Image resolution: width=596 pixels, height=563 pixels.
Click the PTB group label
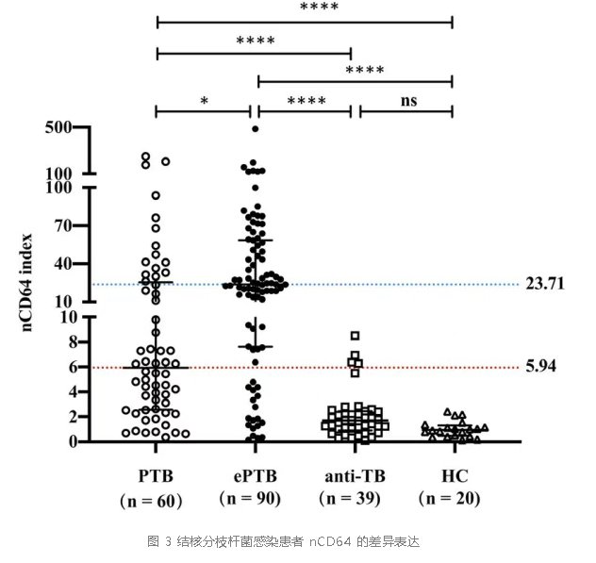coord(156,472)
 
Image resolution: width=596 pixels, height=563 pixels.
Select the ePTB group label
coord(254,472)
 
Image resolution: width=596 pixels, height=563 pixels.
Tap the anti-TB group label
coord(352,472)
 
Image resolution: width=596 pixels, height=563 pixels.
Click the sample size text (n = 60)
coord(156,499)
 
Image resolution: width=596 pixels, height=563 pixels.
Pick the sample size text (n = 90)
coord(254,498)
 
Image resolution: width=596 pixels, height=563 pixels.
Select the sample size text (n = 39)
coord(352,499)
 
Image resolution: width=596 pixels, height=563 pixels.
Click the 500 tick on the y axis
coord(58,128)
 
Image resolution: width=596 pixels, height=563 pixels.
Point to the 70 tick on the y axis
coord(63,225)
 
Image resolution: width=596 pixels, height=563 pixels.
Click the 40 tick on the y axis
coord(63,263)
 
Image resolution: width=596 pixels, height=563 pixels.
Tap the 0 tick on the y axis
coord(68,440)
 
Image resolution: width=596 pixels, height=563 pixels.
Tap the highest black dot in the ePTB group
coord(255,128)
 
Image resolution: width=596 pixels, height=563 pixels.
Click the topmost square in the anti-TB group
coord(355,336)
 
